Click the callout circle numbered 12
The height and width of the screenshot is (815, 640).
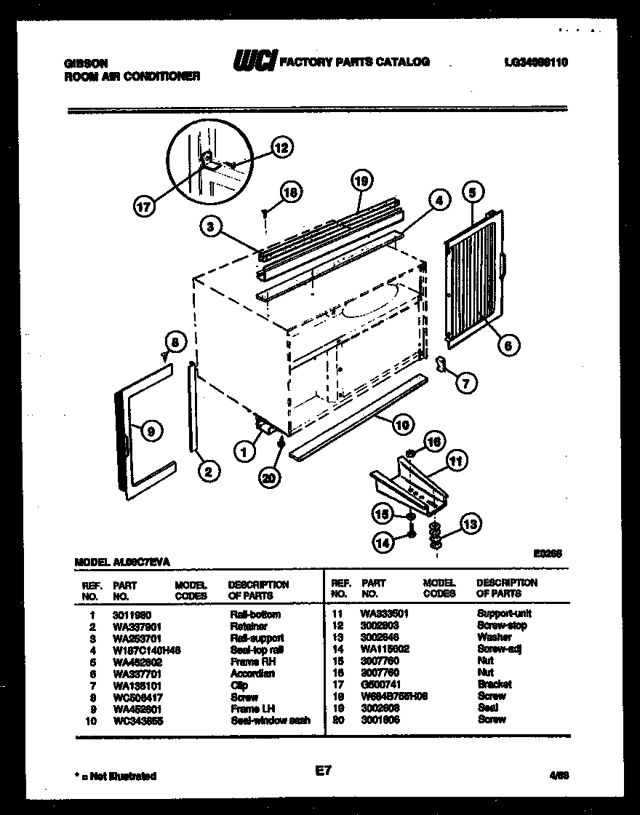281,148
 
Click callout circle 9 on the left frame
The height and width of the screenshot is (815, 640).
151,431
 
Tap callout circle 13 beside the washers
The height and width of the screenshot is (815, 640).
471,524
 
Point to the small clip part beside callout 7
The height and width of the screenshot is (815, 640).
441,365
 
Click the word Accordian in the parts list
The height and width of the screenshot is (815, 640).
252,673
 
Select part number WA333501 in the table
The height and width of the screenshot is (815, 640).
384,613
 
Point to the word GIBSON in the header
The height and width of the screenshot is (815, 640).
81,63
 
